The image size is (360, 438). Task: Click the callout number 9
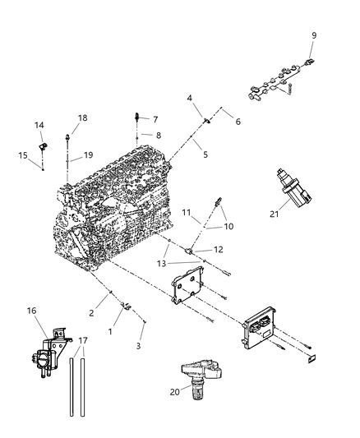click(x=314, y=35)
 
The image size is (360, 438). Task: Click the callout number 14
click(x=39, y=126)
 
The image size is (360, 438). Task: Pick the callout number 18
click(x=82, y=118)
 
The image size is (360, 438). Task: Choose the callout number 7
click(x=155, y=119)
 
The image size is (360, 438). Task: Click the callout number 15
click(x=24, y=154)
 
